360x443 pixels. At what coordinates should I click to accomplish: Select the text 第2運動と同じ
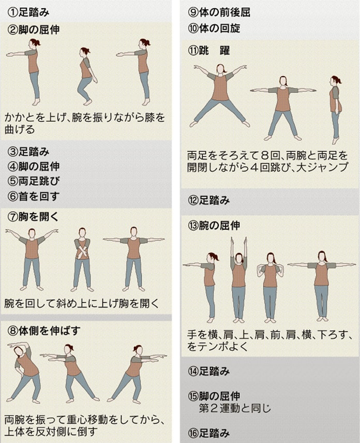pyautogui.click(x=235, y=408)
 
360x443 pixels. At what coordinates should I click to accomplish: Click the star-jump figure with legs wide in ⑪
pyautogui.click(x=219, y=96)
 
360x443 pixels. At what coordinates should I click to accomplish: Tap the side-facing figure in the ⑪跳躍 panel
pyautogui.click(x=336, y=109)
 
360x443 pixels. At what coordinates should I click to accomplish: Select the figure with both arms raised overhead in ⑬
pyautogui.click(x=238, y=279)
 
